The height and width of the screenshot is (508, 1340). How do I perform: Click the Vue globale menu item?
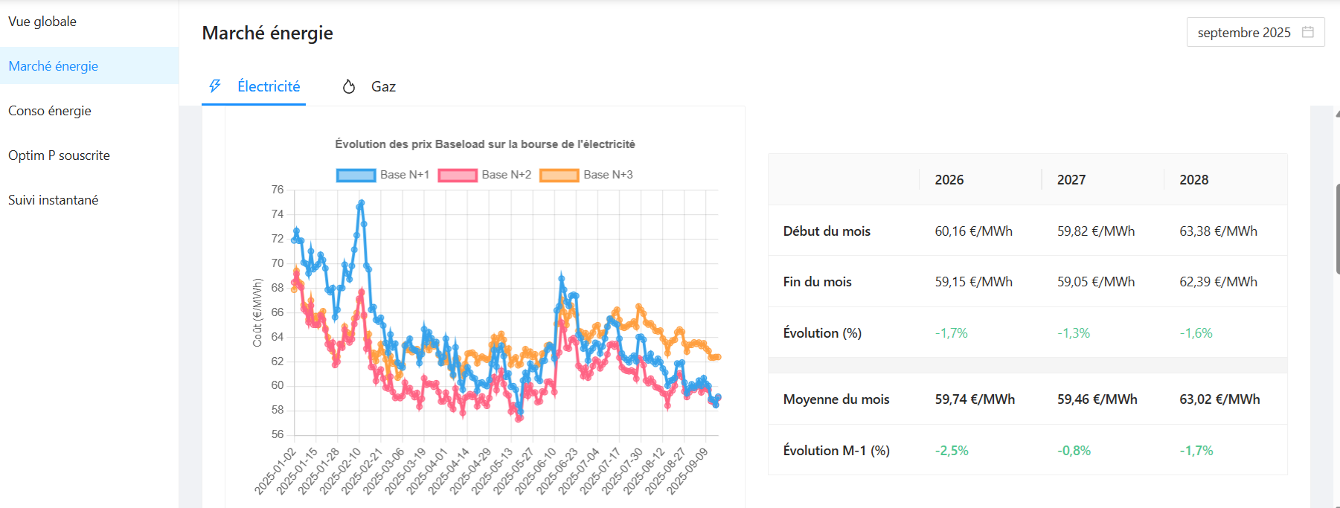[x=42, y=22]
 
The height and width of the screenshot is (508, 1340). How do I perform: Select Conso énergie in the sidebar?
[x=50, y=111]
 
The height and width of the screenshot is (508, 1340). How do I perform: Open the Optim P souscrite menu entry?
[x=59, y=155]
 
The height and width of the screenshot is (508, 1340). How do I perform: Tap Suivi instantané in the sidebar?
[x=53, y=200]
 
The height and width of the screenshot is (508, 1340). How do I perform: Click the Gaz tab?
[x=382, y=87]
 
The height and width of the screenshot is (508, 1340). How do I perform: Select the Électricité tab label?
[x=269, y=87]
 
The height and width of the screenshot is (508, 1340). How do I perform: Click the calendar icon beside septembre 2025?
[x=1307, y=32]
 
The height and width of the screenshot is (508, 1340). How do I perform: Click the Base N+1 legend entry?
[x=383, y=175]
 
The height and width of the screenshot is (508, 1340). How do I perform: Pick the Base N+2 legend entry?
[x=485, y=175]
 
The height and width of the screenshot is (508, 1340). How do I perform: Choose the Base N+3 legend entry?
[x=587, y=175]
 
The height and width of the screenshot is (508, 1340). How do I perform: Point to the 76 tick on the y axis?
[x=278, y=190]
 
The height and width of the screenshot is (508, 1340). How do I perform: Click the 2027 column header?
[x=1071, y=180]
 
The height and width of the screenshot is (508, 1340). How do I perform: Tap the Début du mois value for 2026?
[x=973, y=231]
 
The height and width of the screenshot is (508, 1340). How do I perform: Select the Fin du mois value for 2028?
[x=1218, y=282]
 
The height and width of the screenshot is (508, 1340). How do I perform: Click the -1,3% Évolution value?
[x=1073, y=333]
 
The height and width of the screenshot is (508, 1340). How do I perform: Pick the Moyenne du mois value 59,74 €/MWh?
[x=975, y=399]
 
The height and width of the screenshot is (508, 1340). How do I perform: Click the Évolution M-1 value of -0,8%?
[x=1074, y=451]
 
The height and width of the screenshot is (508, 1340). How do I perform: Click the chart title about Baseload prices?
[x=484, y=144]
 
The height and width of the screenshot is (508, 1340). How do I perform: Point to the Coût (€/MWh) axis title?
[x=257, y=312]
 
